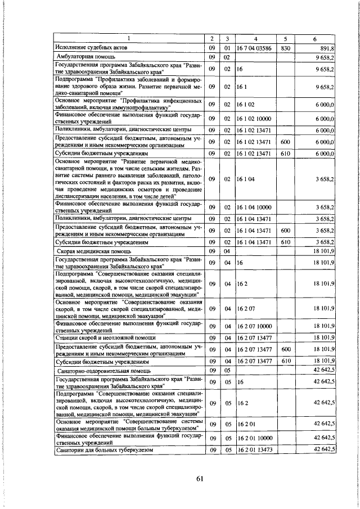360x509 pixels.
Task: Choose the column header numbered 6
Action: [x=314, y=39]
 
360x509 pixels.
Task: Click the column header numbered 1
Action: [x=128, y=39]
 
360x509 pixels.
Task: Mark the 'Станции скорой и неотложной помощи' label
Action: [x=97, y=337]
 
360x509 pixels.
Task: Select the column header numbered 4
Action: [x=256, y=39]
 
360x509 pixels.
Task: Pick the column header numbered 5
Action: [x=285, y=39]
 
